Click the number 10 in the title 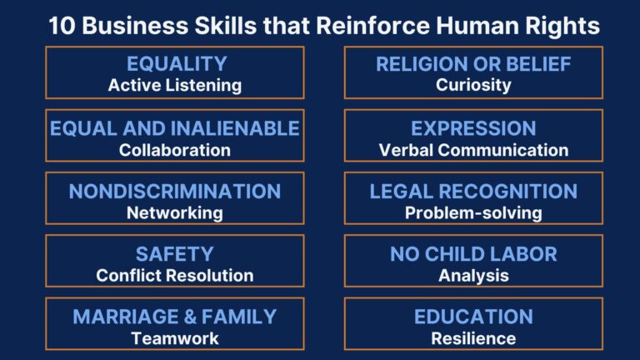click(60, 26)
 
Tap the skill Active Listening click(175, 85)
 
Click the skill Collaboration click(175, 150)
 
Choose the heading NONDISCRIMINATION click(175, 191)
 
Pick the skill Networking click(175, 212)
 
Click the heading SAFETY click(175, 253)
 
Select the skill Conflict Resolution click(175, 275)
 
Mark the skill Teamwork click(175, 338)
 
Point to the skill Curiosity click(473, 85)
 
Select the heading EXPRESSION click(473, 128)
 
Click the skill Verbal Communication click(473, 150)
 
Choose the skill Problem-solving click(473, 212)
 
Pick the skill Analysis click(473, 275)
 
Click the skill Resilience click(473, 338)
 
